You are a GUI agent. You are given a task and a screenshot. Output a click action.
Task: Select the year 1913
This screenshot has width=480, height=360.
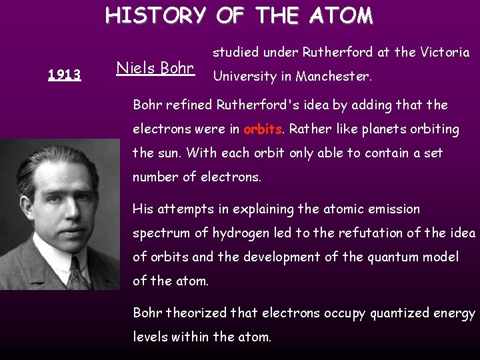point(64,75)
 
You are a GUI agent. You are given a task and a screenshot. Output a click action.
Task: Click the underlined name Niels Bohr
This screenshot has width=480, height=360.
point(155,68)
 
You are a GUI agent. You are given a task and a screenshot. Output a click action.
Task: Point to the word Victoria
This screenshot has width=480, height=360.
point(446,52)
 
